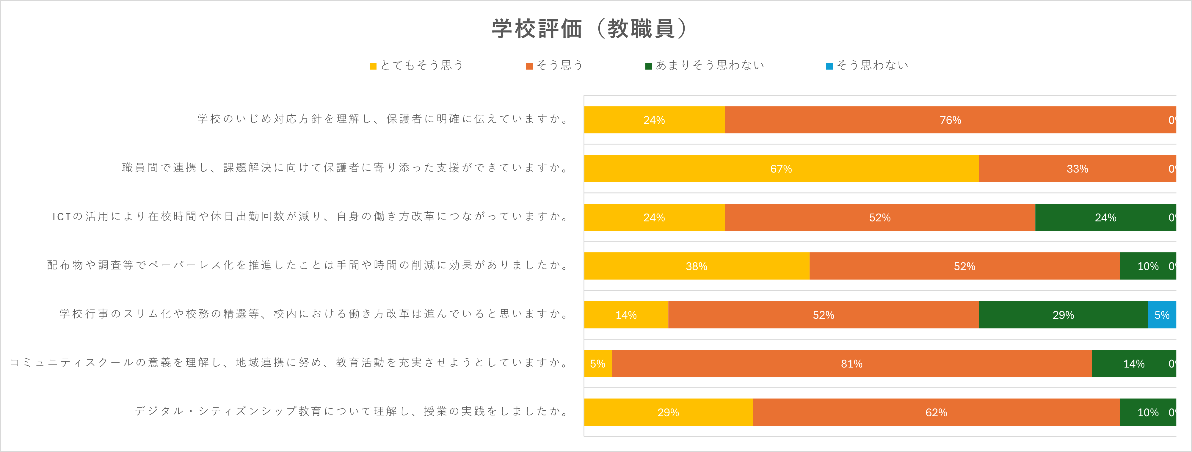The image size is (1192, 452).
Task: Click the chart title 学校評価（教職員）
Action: click(x=590, y=29)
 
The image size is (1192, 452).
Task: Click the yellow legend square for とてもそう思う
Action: click(x=373, y=66)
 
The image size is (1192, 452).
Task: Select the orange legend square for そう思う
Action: click(x=529, y=66)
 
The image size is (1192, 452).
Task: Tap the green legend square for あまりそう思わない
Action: click(x=649, y=66)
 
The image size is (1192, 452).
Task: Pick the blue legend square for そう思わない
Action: click(x=829, y=66)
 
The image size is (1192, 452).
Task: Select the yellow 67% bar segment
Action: click(x=781, y=168)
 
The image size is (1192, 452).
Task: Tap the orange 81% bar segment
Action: click(x=851, y=364)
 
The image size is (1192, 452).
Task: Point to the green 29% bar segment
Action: click(x=1063, y=315)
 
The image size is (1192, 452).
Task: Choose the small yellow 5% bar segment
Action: click(x=598, y=364)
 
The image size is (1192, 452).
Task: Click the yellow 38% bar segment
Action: click(x=697, y=266)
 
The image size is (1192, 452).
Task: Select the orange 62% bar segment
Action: click(x=936, y=412)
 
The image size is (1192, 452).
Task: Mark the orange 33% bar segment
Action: click(x=1077, y=168)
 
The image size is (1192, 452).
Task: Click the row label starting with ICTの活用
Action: click(x=310, y=216)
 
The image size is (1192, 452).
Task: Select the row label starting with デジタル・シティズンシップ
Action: click(x=352, y=411)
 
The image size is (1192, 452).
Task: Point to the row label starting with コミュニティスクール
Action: click(x=289, y=363)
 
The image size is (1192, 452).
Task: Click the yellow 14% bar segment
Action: click(x=626, y=315)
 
